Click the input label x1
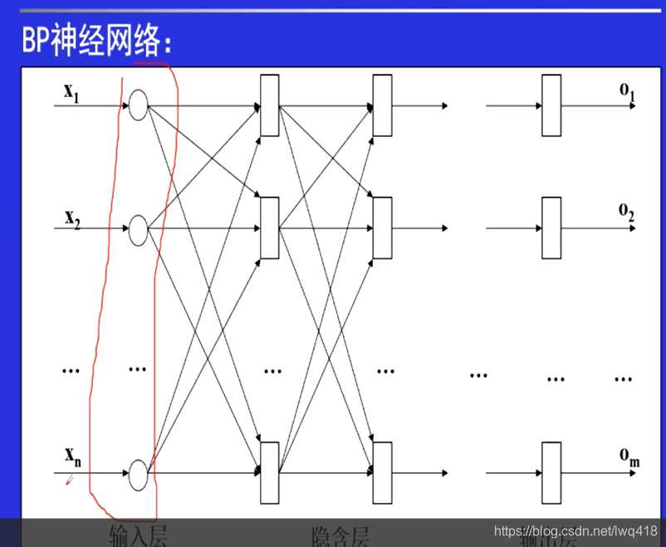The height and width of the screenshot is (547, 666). tap(71, 92)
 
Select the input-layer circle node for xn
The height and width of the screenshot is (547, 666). tap(138, 473)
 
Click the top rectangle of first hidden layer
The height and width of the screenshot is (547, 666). tap(269, 105)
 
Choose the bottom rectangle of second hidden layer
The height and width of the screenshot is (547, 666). tap(382, 473)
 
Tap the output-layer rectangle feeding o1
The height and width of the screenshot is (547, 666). tap(551, 105)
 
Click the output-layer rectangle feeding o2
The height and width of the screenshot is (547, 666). tap(551, 228)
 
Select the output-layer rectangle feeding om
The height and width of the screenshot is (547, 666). tap(551, 473)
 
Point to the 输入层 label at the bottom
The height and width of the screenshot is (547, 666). tap(138, 535)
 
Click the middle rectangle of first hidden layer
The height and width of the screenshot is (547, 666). tap(269, 228)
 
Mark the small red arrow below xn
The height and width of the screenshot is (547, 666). tap(72, 480)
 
